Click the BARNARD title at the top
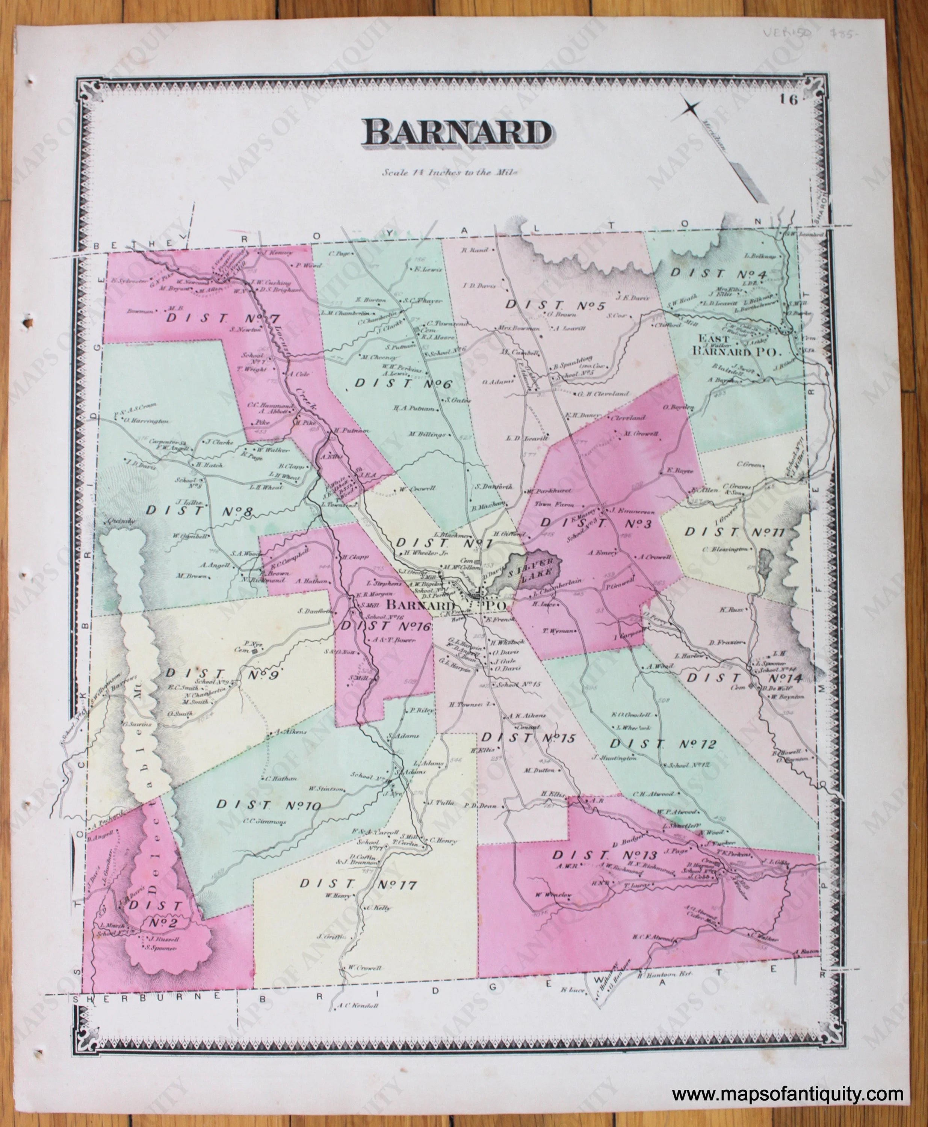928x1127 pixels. [x=457, y=131]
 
